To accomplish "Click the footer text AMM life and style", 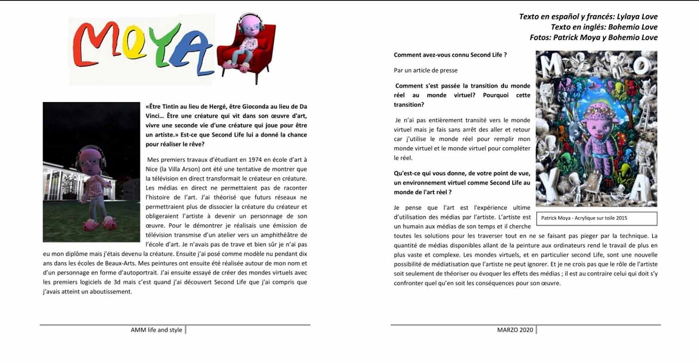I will pyautogui.click(x=156, y=330).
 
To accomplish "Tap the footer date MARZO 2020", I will pyautogui.click(x=515, y=330).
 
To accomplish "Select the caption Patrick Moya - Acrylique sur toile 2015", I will pyautogui.click(x=584, y=218).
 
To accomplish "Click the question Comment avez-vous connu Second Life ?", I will pyautogui.click(x=450, y=55).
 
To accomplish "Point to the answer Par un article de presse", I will pyautogui.click(x=425, y=70).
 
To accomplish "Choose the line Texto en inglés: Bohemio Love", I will pyautogui.click(x=604, y=27).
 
